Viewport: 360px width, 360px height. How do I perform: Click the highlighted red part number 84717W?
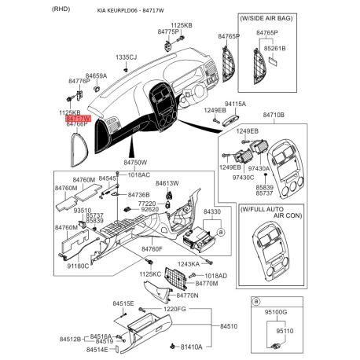pos(79,118)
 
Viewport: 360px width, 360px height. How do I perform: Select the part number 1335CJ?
pos(127,57)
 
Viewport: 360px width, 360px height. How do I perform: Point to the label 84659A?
pos(96,76)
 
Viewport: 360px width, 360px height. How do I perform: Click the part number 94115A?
pos(235,104)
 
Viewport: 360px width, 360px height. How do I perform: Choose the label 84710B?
pos(273,116)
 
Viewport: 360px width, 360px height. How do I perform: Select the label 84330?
pos(212,212)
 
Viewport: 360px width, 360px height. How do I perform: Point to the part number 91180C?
pos(79,266)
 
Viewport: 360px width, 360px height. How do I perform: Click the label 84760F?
pos(152,249)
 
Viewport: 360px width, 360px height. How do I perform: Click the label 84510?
pos(229,325)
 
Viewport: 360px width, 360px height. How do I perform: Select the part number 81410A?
pos(192,347)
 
